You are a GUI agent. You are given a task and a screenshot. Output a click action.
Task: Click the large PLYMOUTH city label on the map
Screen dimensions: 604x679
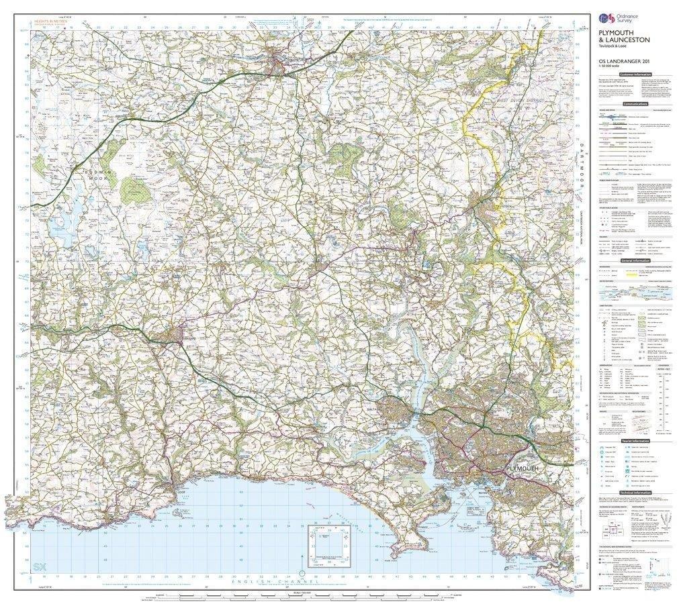click(523, 468)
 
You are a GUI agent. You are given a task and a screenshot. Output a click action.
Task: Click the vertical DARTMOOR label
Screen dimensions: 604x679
click(582, 168)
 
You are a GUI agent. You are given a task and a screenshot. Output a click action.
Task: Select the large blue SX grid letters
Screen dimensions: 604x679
click(40, 568)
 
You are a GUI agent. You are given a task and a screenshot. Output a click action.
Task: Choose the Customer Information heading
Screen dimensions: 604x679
click(635, 75)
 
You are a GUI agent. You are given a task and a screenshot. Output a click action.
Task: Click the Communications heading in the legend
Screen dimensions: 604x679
click(635, 104)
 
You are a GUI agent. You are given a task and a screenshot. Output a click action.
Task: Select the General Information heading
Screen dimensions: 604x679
click(635, 260)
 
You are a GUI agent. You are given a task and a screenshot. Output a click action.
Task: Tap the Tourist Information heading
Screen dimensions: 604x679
click(635, 441)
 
